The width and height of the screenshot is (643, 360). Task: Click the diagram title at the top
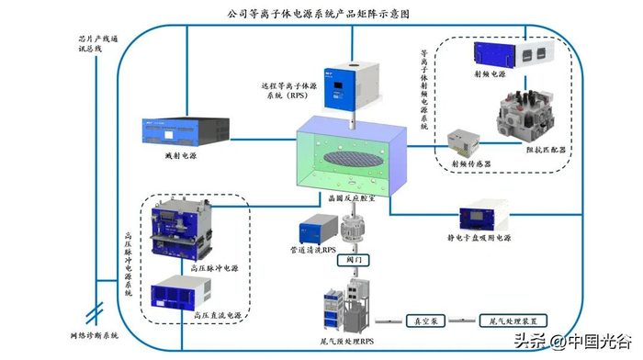tap(318, 14)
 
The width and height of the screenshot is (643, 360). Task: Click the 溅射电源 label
tap(181, 156)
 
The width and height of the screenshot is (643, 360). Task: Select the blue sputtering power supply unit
tap(186, 131)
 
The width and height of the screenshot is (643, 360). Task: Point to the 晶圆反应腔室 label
tap(352, 198)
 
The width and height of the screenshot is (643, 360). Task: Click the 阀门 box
tap(353, 260)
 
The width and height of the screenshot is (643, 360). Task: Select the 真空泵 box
tap(425, 321)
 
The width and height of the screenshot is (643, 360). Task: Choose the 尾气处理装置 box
tap(513, 321)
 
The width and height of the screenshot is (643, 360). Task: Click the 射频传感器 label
tap(471, 164)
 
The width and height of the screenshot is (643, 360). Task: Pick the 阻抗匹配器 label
tap(546, 150)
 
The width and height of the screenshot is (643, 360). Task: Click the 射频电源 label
tap(490, 74)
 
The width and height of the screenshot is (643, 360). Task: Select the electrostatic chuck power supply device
tap(484, 215)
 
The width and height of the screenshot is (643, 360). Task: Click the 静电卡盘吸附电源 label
tap(479, 238)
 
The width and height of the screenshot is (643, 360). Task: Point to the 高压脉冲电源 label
tap(214, 268)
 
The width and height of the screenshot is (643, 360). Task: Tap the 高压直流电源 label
tap(218, 316)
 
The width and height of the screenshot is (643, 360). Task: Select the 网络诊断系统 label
tap(95, 336)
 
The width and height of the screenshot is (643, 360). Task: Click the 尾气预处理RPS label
tap(347, 341)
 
